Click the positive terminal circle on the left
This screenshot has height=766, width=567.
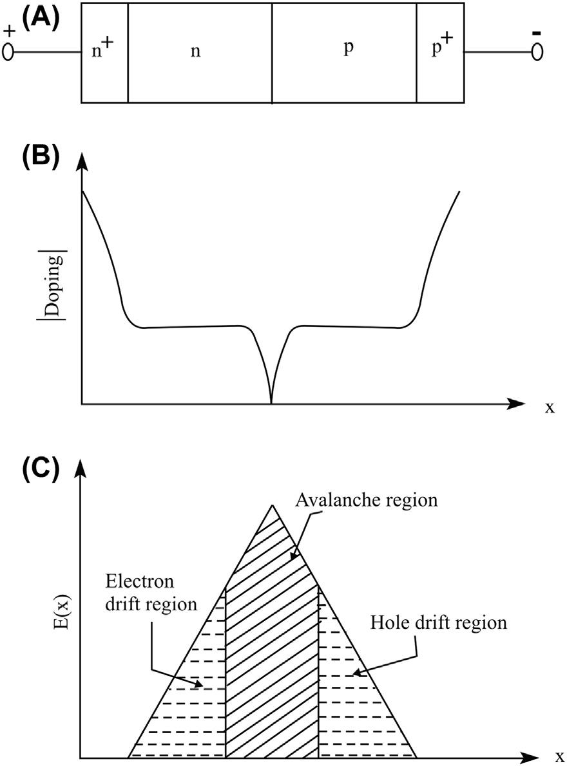[8, 51]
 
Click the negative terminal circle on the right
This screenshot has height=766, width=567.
[536, 51]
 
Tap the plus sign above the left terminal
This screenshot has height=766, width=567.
[8, 30]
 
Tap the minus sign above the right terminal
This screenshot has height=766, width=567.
[536, 30]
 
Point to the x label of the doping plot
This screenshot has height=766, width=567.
[550, 407]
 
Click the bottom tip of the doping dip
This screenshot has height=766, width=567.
[271, 403]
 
